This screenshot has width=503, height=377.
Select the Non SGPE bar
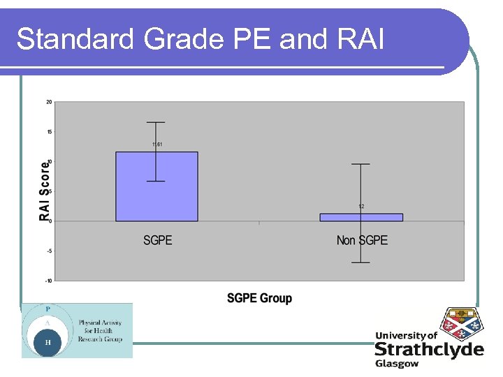point(361,217)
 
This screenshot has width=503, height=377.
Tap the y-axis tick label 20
point(49,102)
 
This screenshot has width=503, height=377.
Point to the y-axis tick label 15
point(49,132)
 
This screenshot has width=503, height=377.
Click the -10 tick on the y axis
point(48,281)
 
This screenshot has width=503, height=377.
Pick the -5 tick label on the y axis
point(49,251)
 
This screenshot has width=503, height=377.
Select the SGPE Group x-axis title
point(259,298)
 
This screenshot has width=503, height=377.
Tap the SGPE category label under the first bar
point(157,241)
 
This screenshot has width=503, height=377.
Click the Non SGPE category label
point(362,241)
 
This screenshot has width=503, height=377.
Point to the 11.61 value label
point(157,145)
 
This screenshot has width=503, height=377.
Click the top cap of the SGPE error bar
point(156,122)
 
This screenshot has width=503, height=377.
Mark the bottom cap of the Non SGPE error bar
point(360,263)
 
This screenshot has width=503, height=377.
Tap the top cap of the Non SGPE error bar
point(360,164)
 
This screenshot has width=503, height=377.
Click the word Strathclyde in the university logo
point(428,349)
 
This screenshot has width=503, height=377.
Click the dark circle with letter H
point(48,343)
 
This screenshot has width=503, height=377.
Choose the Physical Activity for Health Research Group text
point(100,331)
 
